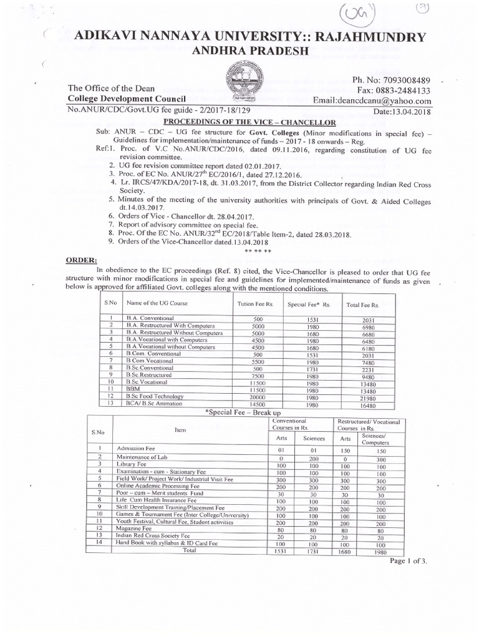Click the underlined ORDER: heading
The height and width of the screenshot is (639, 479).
[85, 260]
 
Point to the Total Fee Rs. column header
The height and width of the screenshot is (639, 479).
[362, 305]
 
